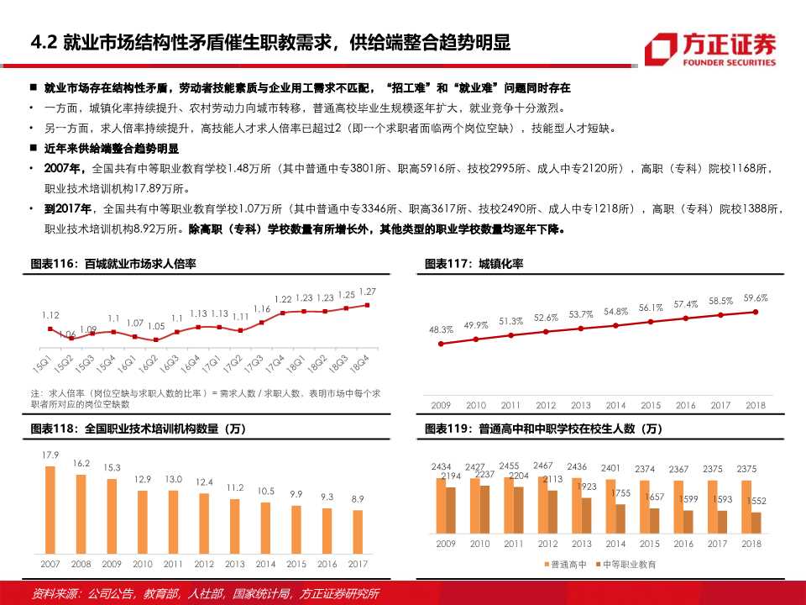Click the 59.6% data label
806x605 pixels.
pyautogui.click(x=756, y=297)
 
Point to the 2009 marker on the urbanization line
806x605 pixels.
pyautogui.click(x=441, y=343)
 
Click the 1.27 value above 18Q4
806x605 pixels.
pyautogui.click(x=367, y=292)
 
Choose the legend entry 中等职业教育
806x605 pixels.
pyautogui.click(x=625, y=564)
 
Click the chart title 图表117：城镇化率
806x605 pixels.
pyautogui.click(x=474, y=264)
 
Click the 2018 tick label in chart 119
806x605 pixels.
pyautogui.click(x=751, y=544)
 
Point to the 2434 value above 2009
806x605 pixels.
pyautogui.click(x=442, y=467)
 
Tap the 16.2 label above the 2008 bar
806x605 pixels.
pyautogui.click(x=81, y=463)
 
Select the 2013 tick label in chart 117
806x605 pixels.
pyautogui.click(x=581, y=405)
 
